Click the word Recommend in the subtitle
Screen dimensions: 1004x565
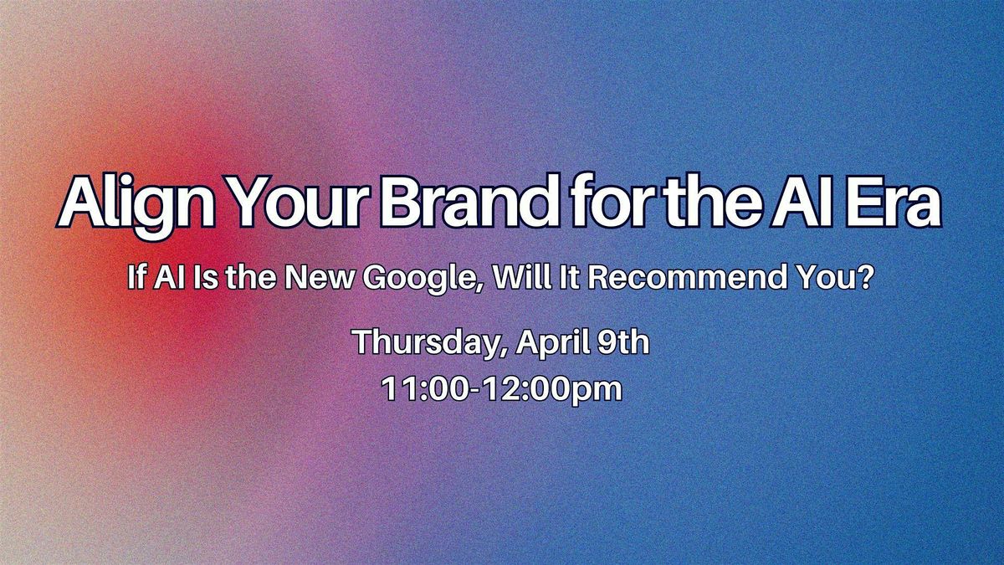tap(687, 277)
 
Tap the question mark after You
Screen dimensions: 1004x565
tap(865, 277)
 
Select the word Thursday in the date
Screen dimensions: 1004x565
tap(426, 343)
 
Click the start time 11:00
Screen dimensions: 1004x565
tap(426, 388)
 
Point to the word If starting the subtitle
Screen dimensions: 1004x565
tap(136, 277)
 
